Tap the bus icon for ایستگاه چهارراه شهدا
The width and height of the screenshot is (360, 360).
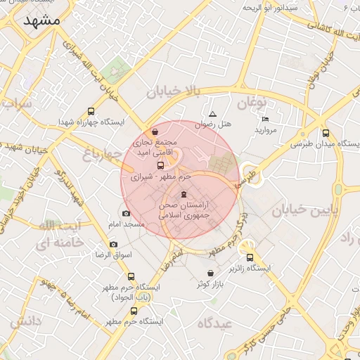click(91, 111)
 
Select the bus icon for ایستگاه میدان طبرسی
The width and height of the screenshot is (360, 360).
click(326, 133)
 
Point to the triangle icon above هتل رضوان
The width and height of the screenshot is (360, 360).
click(212, 114)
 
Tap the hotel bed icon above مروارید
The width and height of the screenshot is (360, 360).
click(265, 120)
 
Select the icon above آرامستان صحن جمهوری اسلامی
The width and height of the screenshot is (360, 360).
click(184, 194)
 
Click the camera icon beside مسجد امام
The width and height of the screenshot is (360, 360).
click(126, 214)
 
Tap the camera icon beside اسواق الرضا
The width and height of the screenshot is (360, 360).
click(114, 244)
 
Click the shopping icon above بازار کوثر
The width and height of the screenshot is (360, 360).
click(210, 273)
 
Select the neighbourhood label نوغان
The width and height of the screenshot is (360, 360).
click(254, 103)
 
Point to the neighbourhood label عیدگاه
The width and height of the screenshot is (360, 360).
click(214, 323)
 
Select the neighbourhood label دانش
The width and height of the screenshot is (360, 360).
click(27, 321)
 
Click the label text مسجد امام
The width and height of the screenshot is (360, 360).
click(126, 224)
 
